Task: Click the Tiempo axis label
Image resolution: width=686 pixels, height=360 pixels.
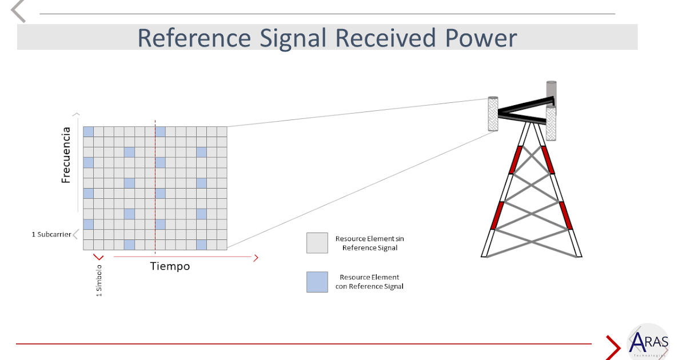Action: click(170, 266)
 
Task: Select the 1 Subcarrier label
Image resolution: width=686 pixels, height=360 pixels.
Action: click(51, 234)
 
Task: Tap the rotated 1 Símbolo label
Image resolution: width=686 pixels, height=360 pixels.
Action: click(99, 281)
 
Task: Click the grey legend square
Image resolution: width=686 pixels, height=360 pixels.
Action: click(317, 243)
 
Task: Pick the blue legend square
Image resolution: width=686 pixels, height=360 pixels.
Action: click(317, 282)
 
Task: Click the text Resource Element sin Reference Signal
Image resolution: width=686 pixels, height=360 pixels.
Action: click(369, 243)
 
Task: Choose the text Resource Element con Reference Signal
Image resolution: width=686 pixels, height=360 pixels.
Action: click(369, 282)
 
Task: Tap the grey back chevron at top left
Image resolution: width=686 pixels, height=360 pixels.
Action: click(19, 11)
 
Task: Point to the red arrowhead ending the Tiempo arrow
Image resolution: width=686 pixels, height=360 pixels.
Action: click(256, 258)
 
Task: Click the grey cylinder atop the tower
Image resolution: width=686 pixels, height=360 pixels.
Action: click(551, 91)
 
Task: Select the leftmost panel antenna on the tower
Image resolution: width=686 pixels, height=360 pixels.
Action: click(492, 114)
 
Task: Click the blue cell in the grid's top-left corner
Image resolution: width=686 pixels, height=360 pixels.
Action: click(88, 131)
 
